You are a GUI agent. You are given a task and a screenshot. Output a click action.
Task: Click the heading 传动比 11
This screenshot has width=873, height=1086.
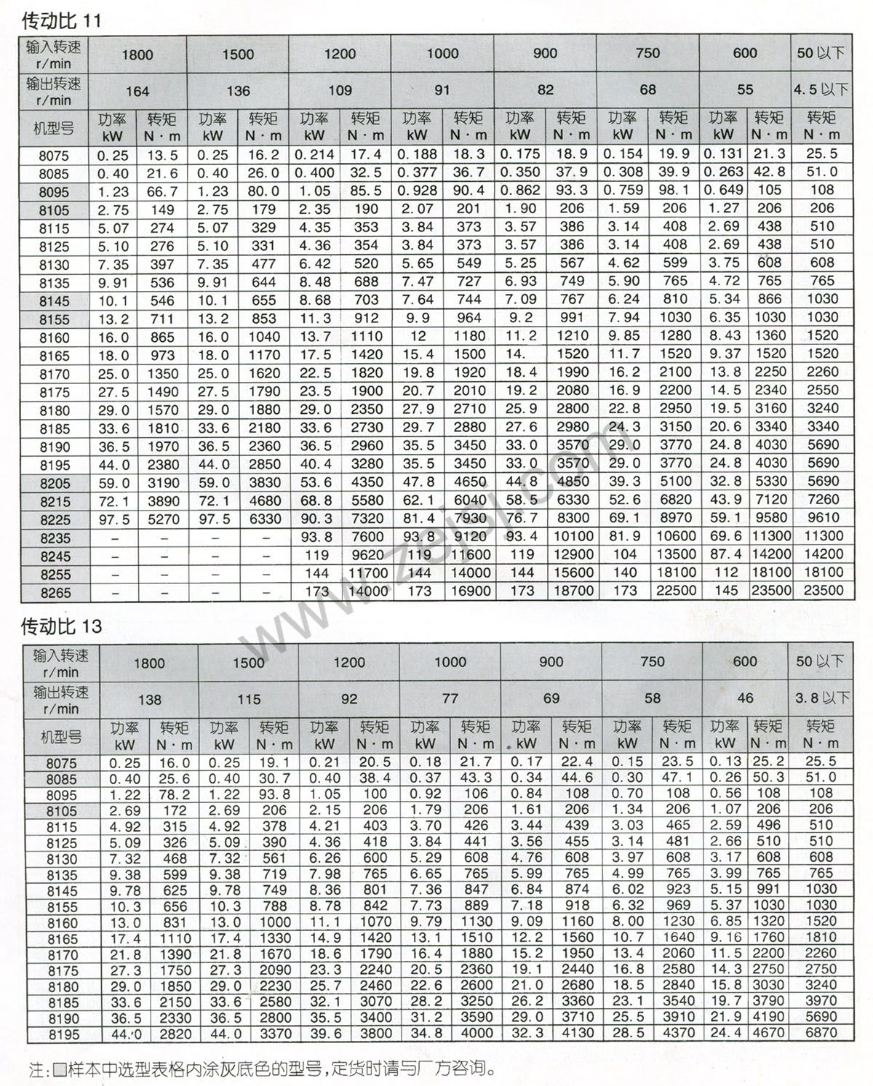point(61,20)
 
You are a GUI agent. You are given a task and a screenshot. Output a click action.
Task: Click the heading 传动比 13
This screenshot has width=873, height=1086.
point(61,626)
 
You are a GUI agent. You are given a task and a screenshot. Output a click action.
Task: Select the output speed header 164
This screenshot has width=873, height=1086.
point(137,91)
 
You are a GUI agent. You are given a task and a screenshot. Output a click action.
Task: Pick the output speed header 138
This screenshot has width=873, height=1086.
point(149,699)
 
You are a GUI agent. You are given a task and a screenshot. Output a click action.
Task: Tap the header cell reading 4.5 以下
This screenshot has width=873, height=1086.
point(821,90)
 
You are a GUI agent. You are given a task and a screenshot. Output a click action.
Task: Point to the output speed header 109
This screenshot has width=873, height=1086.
point(340,91)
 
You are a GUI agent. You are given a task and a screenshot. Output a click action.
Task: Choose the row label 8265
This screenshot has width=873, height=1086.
point(55,593)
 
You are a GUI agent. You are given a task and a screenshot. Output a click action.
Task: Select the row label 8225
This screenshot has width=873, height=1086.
point(55,519)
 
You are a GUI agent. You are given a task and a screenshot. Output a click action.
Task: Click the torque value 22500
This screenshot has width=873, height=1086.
point(676,591)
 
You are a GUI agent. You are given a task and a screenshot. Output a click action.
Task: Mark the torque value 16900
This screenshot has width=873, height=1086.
point(469,591)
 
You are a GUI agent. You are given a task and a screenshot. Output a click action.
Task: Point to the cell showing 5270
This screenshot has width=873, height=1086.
point(162,519)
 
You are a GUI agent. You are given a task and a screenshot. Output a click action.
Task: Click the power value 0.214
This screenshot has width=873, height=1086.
point(315,155)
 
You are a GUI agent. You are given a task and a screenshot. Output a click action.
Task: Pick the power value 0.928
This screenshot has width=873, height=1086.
point(418,191)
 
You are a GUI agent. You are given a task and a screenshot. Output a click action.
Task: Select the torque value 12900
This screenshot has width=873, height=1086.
point(573,555)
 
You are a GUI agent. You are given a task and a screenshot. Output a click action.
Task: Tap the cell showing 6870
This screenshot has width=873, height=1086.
point(821,1033)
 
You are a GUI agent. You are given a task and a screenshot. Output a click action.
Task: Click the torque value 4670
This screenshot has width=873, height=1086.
point(769,1033)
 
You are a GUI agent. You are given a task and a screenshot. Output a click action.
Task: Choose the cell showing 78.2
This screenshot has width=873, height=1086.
point(175,794)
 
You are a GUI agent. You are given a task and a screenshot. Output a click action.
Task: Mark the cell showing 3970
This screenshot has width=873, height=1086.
point(821,1001)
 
